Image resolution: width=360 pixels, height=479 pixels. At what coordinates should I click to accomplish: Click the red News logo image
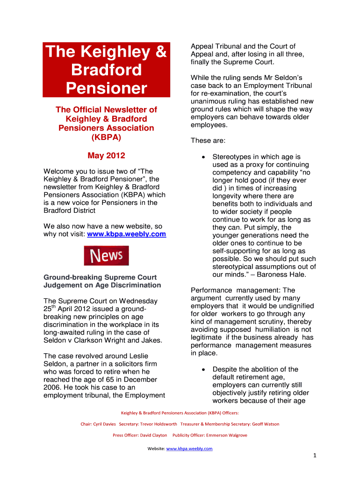click(106, 256)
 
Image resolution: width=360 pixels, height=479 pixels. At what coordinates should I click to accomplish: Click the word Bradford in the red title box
click(106, 70)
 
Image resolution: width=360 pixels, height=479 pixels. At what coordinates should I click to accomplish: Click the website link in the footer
click(189, 449)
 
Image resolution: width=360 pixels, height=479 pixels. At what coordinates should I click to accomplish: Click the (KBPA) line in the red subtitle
click(106, 137)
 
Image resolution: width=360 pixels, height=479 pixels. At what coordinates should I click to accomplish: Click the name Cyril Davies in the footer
click(103, 424)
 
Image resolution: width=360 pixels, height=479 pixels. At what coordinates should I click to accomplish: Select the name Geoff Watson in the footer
click(266, 424)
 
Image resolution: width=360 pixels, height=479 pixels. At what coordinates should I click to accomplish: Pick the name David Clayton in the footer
click(153, 435)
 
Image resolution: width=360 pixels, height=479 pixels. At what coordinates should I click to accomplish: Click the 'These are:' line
click(208, 140)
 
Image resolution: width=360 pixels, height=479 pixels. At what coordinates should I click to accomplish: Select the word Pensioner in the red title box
click(106, 88)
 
